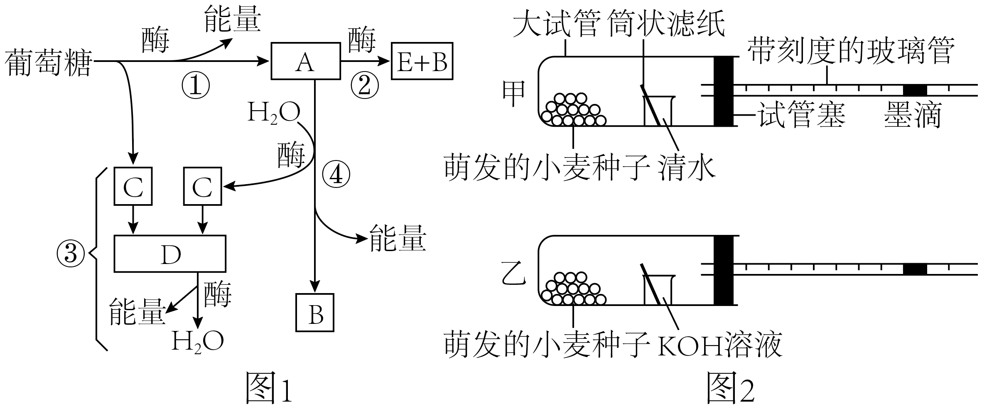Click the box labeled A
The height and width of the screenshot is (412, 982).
click(x=305, y=61)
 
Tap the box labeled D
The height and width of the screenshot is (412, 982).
click(x=170, y=254)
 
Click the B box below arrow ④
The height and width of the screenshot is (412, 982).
click(x=315, y=313)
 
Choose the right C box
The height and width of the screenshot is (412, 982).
click(x=203, y=186)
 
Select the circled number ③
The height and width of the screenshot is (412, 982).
click(x=71, y=253)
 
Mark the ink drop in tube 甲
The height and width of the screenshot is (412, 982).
click(x=915, y=90)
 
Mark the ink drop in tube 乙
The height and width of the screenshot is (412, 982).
click(x=915, y=269)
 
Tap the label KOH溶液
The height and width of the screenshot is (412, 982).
click(x=720, y=345)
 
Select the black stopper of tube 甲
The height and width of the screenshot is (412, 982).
click(x=724, y=91)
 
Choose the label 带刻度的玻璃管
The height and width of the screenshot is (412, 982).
click(x=850, y=51)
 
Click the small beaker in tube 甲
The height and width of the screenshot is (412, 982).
click(x=658, y=111)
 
